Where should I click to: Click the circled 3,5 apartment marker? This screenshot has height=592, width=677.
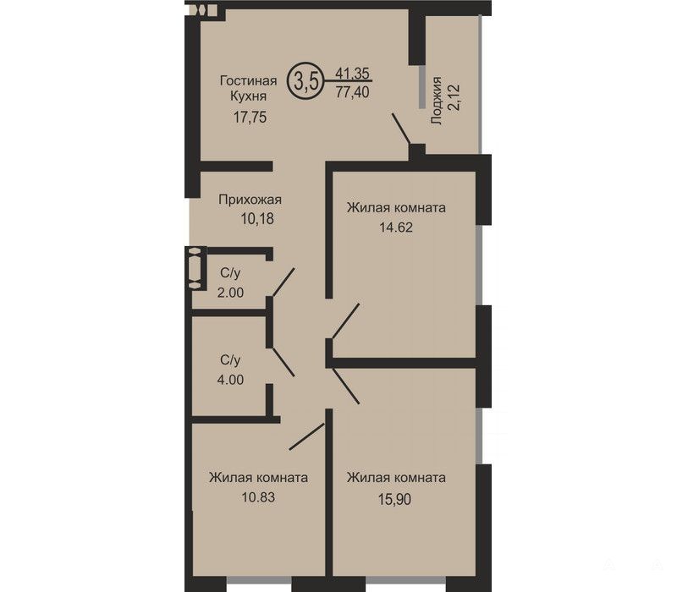click(305, 80)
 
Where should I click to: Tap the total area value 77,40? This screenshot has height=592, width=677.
click(353, 91)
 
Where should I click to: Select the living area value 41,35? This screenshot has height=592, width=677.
click(353, 74)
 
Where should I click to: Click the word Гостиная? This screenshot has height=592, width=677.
click(248, 80)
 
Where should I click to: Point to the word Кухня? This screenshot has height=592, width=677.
click(248, 96)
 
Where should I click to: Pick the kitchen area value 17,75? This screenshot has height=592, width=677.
click(250, 117)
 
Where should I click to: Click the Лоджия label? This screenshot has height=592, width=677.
click(437, 101)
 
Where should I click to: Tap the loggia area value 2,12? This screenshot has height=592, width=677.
click(455, 97)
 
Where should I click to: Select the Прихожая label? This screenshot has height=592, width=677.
click(250, 200)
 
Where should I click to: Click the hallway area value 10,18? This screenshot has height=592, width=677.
click(257, 219)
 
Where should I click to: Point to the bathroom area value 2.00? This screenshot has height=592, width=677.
click(230, 293)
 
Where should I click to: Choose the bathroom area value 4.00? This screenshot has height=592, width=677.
click(230, 380)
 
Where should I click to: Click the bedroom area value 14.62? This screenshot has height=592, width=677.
click(396, 227)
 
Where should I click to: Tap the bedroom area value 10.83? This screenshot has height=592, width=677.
click(258, 497)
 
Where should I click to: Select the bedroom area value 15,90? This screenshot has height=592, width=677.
click(394, 499)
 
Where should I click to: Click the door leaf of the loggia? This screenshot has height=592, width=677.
click(400, 129)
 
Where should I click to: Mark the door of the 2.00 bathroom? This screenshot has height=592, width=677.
click(283, 282)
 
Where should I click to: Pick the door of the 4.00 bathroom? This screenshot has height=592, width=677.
click(283, 362)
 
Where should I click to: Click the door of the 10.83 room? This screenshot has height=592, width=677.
click(306, 436)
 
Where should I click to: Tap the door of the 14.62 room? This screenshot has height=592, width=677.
click(346, 321)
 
